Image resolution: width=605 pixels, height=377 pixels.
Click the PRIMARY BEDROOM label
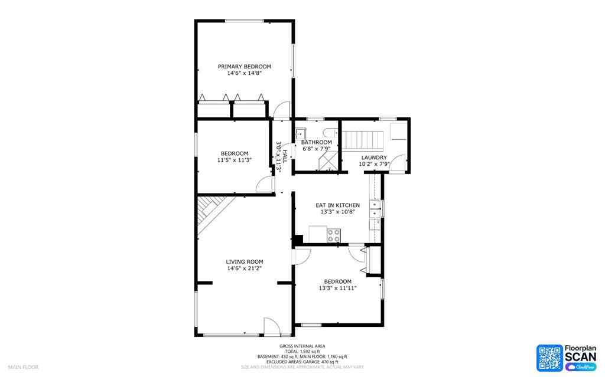tap(244, 66)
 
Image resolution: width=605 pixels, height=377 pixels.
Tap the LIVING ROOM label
tap(244, 261)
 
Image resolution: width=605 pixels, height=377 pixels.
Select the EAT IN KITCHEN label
tap(337, 205)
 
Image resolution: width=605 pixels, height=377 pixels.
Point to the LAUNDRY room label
tap(374, 158)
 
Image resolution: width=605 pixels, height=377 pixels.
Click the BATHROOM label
tap(317, 142)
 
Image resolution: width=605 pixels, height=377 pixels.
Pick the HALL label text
tap(285, 156)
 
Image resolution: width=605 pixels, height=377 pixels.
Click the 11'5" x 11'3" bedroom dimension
tap(235, 160)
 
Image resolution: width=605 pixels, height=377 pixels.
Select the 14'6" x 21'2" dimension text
tap(244, 268)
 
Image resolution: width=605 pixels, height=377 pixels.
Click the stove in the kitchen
tap(334, 235)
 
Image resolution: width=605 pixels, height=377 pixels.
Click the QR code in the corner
tap(549, 358)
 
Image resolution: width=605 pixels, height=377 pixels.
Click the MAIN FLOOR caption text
tap(23, 367)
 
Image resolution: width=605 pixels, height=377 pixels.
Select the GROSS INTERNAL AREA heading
tap(302, 346)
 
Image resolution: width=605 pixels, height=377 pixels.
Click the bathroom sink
tap(300, 133)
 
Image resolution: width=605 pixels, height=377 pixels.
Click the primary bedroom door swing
tap(283, 110)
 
